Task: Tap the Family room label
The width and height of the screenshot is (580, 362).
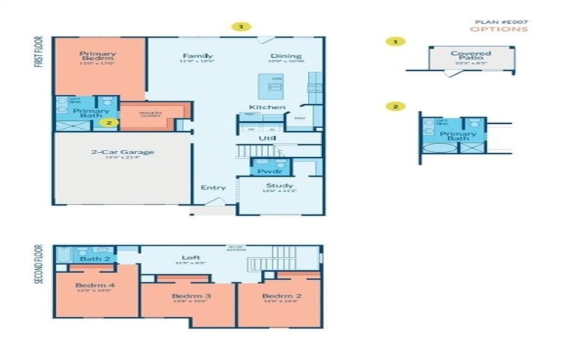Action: (x=196, y=56)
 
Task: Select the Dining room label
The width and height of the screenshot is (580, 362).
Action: (x=286, y=56)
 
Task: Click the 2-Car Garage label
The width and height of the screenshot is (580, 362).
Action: (x=122, y=152)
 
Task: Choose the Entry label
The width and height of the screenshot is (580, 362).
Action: (x=213, y=188)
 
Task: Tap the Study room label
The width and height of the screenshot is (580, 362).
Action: (x=279, y=186)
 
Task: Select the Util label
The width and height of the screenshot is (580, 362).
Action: (x=268, y=137)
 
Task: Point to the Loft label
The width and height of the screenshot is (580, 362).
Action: (x=191, y=257)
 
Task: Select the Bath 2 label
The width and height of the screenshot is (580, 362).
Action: (x=94, y=258)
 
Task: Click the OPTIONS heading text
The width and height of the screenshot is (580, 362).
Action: (x=500, y=30)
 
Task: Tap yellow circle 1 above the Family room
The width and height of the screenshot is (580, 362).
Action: (x=241, y=27)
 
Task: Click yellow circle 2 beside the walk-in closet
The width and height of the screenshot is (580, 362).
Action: (x=109, y=122)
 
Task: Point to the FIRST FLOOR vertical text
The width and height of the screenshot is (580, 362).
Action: (x=38, y=53)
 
